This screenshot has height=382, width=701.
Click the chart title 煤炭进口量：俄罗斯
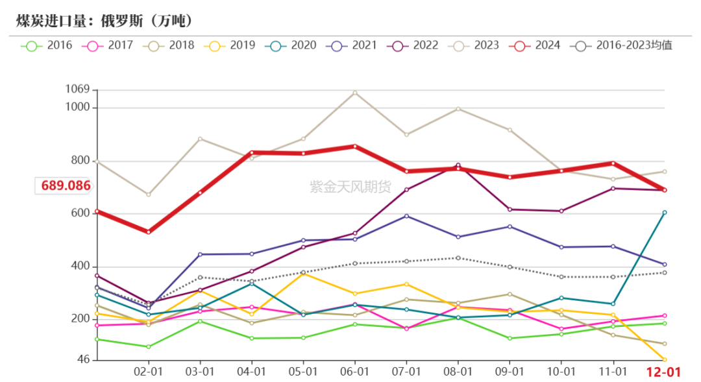(x=105, y=21)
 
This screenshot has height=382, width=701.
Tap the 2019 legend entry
(x=230, y=45)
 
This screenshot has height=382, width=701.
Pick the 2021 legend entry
(x=352, y=45)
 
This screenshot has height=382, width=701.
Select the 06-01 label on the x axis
(x=354, y=372)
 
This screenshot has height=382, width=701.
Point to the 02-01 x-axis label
(x=148, y=372)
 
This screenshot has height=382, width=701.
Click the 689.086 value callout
(x=65, y=186)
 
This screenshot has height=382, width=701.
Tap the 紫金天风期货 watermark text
(x=350, y=187)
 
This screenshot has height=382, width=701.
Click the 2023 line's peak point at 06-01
(x=354, y=92)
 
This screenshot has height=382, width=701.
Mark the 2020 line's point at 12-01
(x=664, y=212)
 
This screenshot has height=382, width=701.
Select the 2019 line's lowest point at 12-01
(x=664, y=360)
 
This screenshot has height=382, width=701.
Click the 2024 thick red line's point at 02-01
(x=148, y=232)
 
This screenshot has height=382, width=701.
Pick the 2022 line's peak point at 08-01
(x=458, y=165)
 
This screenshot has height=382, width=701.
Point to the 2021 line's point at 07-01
(x=406, y=216)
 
